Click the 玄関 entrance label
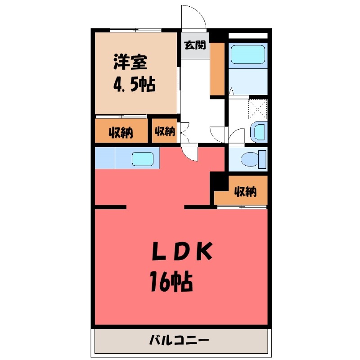pyautogui.click(x=195, y=45)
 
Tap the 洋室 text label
pyautogui.click(x=130, y=62)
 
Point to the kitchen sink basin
pyautogui.click(x=144, y=159)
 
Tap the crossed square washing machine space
pyautogui.click(x=258, y=108)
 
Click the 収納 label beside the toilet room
pyautogui.click(x=245, y=192)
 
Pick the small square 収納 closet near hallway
pyautogui.click(x=165, y=131)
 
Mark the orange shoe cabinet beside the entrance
pyautogui.click(x=217, y=68)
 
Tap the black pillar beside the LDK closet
pyautogui.click(x=218, y=181)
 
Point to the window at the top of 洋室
pyautogui.click(x=135, y=30)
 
